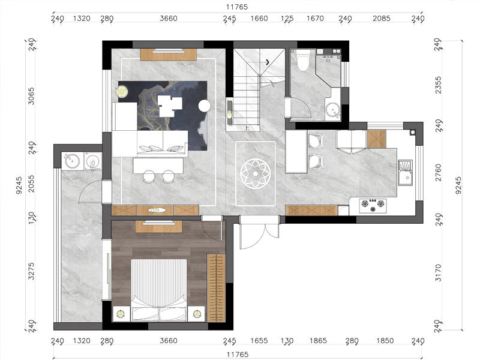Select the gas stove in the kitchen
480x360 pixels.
[373, 206]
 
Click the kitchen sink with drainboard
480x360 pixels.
[406, 172]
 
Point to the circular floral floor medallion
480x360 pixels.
[256, 173]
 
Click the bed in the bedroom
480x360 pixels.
[158, 290]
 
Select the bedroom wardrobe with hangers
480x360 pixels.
[216, 288]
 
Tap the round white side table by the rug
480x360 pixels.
[205, 106]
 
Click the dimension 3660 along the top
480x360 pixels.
[169, 19]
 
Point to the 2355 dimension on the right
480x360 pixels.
[439, 85]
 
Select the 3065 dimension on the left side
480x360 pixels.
[31, 96]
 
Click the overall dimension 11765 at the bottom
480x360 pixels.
[237, 355]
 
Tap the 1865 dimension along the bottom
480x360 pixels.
[318, 341]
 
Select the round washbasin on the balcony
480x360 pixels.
[71, 161]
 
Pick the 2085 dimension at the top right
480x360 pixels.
[382, 19]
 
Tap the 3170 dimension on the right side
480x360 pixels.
[439, 273]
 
